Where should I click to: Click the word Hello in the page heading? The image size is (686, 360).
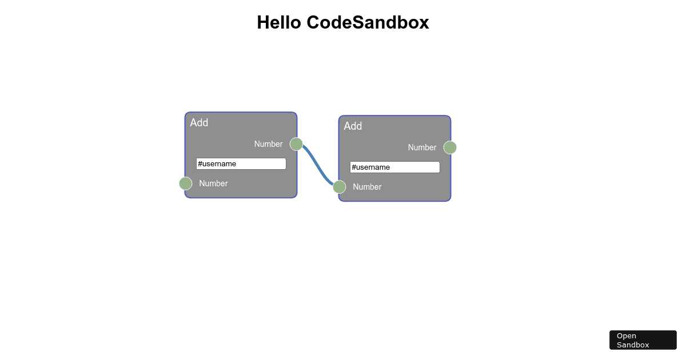[279, 22]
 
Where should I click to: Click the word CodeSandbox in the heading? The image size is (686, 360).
[368, 22]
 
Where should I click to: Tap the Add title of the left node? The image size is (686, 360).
[199, 122]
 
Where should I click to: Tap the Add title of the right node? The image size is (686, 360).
[353, 126]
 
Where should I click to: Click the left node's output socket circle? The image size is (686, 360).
[296, 144]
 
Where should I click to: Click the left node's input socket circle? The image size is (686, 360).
[186, 183]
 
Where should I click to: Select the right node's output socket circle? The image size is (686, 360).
[450, 147]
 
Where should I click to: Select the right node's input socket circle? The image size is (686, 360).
[340, 187]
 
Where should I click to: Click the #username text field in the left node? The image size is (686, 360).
[241, 164]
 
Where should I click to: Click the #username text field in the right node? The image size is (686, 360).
[395, 167]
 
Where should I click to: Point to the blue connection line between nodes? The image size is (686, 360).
[318, 166]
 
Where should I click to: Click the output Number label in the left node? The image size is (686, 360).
[268, 144]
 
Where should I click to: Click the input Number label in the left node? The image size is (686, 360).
[213, 183]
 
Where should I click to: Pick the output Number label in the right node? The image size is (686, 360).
[422, 147]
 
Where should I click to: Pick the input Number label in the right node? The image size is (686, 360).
[367, 187]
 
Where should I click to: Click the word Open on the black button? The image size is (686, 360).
[627, 336]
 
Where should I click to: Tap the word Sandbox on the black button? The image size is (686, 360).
[633, 345]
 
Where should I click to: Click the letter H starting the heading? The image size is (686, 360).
[263, 22]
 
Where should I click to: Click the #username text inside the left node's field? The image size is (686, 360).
[217, 164]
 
